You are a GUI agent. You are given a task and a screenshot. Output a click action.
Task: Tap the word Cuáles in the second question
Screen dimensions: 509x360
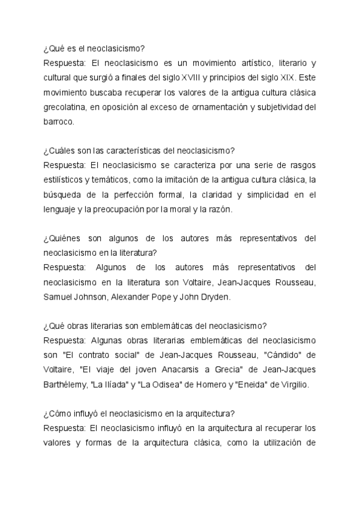tap(67, 151)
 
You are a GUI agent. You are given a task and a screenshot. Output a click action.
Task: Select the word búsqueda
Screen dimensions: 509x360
tap(63, 194)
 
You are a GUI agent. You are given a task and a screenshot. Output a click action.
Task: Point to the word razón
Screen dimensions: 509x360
tap(226, 209)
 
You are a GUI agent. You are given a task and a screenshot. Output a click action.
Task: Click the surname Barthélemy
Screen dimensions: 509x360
tap(66, 384)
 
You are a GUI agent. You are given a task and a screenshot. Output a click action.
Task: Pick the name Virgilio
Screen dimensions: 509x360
tap(291, 384)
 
